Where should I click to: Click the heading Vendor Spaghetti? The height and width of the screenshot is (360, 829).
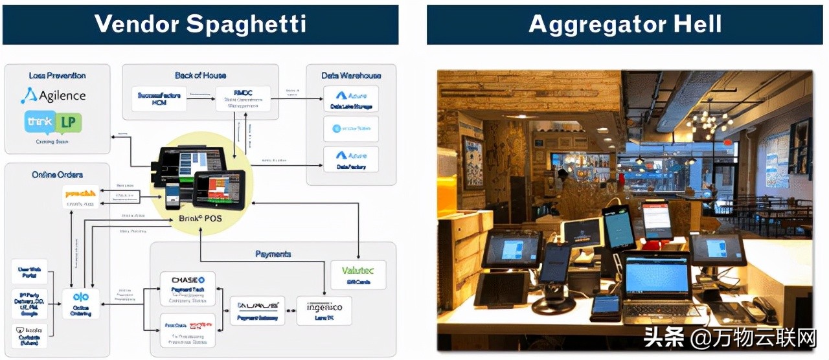pos(200,24)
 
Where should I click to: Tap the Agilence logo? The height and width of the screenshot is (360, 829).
pos(53,96)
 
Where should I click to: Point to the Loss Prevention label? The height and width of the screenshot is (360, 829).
pos(57,76)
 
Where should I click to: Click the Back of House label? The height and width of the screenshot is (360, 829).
pos(200,76)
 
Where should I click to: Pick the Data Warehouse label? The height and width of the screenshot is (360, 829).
pos(351,76)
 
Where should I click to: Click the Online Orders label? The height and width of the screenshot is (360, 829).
pos(57,175)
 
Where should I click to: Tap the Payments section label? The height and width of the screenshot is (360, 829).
pos(273,254)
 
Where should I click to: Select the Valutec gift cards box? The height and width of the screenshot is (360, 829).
pos(358,275)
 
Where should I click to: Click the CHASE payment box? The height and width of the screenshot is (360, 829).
pos(187,288)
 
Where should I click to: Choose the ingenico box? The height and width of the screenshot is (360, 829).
pos(324,310)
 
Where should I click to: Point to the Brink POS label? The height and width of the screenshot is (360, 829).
pos(200,218)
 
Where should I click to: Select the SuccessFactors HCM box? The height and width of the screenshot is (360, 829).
pos(159,98)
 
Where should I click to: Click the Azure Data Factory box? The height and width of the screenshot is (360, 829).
pos(350,160)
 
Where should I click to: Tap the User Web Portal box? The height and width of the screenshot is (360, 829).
pos(29,271)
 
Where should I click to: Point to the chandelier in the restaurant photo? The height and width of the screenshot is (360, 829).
pos(709,121)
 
